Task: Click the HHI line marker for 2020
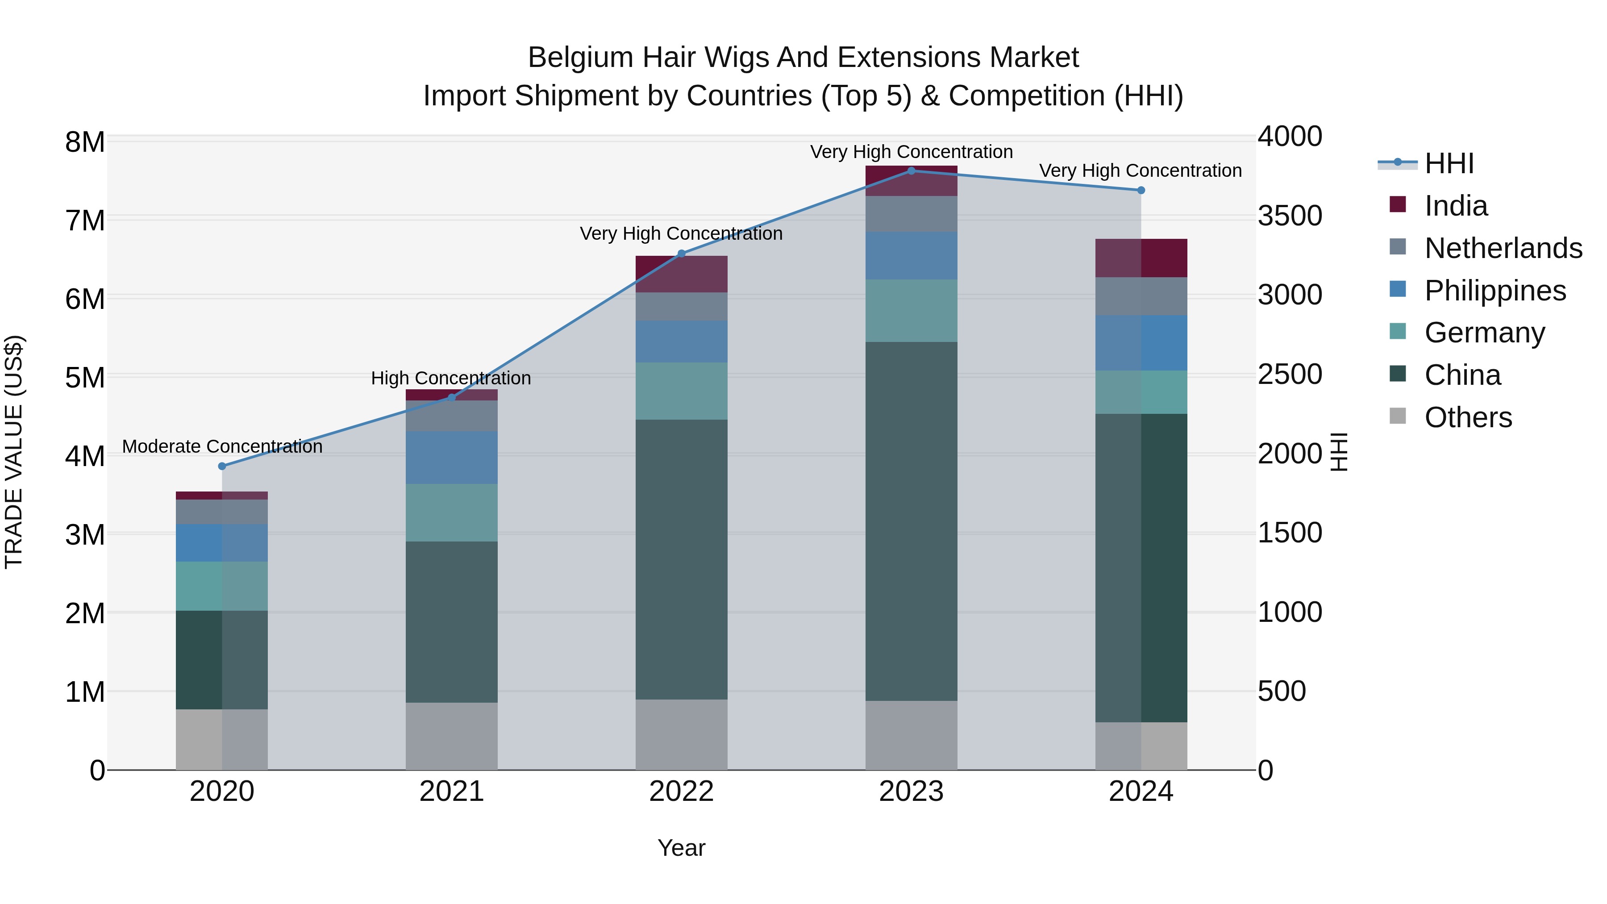[222, 466]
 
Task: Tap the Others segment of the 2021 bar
[452, 736]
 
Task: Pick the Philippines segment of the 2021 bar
[452, 457]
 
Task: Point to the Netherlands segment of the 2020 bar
[222, 512]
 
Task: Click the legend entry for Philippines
[1495, 291]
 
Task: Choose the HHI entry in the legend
[1449, 163]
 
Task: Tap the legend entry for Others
[1468, 417]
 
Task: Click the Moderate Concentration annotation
[222, 447]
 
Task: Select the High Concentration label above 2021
[450, 378]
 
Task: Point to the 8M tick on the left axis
[85, 142]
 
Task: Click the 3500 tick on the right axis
[1289, 216]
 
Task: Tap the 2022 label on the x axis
[681, 792]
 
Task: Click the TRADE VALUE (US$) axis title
[14, 452]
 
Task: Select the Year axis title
[681, 848]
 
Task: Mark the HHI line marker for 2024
[1141, 190]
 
